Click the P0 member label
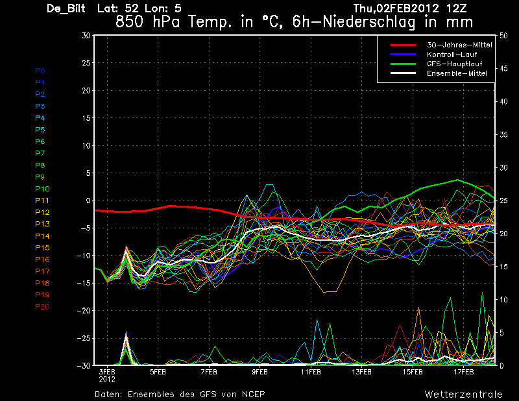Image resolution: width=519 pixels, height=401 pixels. coord(40,71)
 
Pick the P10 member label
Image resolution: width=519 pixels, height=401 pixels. coord(42,189)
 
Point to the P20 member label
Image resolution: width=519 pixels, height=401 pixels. coord(42,307)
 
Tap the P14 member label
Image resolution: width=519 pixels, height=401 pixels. coord(42,236)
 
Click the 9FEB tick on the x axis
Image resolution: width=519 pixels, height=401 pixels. coord(259,372)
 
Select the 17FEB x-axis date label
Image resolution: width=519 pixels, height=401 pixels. coord(463,372)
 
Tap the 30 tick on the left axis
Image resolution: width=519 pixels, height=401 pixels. coord(86,36)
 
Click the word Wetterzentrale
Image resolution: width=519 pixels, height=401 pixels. coord(463,394)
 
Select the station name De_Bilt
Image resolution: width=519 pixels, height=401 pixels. coord(67,9)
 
